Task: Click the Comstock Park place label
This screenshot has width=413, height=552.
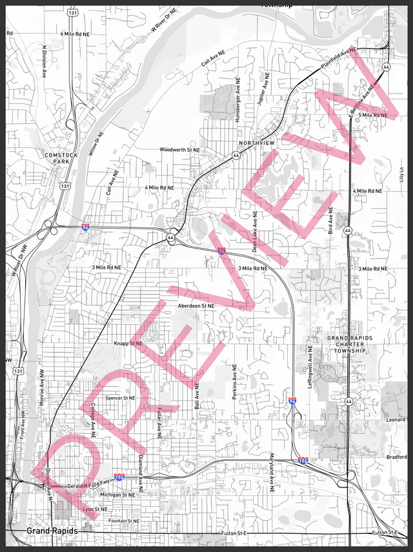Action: tap(62, 158)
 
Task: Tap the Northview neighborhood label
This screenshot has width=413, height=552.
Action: tap(257, 143)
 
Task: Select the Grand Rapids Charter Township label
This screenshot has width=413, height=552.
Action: tap(347, 344)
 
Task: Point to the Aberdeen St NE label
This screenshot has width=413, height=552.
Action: tap(196, 305)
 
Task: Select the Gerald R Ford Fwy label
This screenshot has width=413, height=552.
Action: tap(85, 485)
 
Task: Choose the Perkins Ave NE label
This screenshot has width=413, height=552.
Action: tap(234, 381)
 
